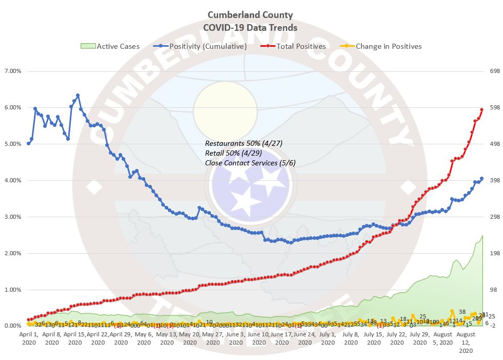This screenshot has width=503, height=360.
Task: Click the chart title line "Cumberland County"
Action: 250,15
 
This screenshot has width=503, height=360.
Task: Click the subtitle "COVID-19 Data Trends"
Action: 250,27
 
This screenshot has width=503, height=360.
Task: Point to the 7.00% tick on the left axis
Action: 12,71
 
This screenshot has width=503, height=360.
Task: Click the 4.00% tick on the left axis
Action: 12,180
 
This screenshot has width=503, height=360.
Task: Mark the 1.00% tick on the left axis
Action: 12,290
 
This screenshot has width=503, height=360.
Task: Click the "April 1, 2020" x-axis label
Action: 29,337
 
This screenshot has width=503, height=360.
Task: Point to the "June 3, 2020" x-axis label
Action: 235,337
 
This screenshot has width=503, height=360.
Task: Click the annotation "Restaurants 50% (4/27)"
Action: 244,143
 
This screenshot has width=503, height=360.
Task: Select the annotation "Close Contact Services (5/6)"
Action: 250,163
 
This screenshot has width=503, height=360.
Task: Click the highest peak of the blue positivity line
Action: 78,95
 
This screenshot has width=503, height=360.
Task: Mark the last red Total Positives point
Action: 481,109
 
